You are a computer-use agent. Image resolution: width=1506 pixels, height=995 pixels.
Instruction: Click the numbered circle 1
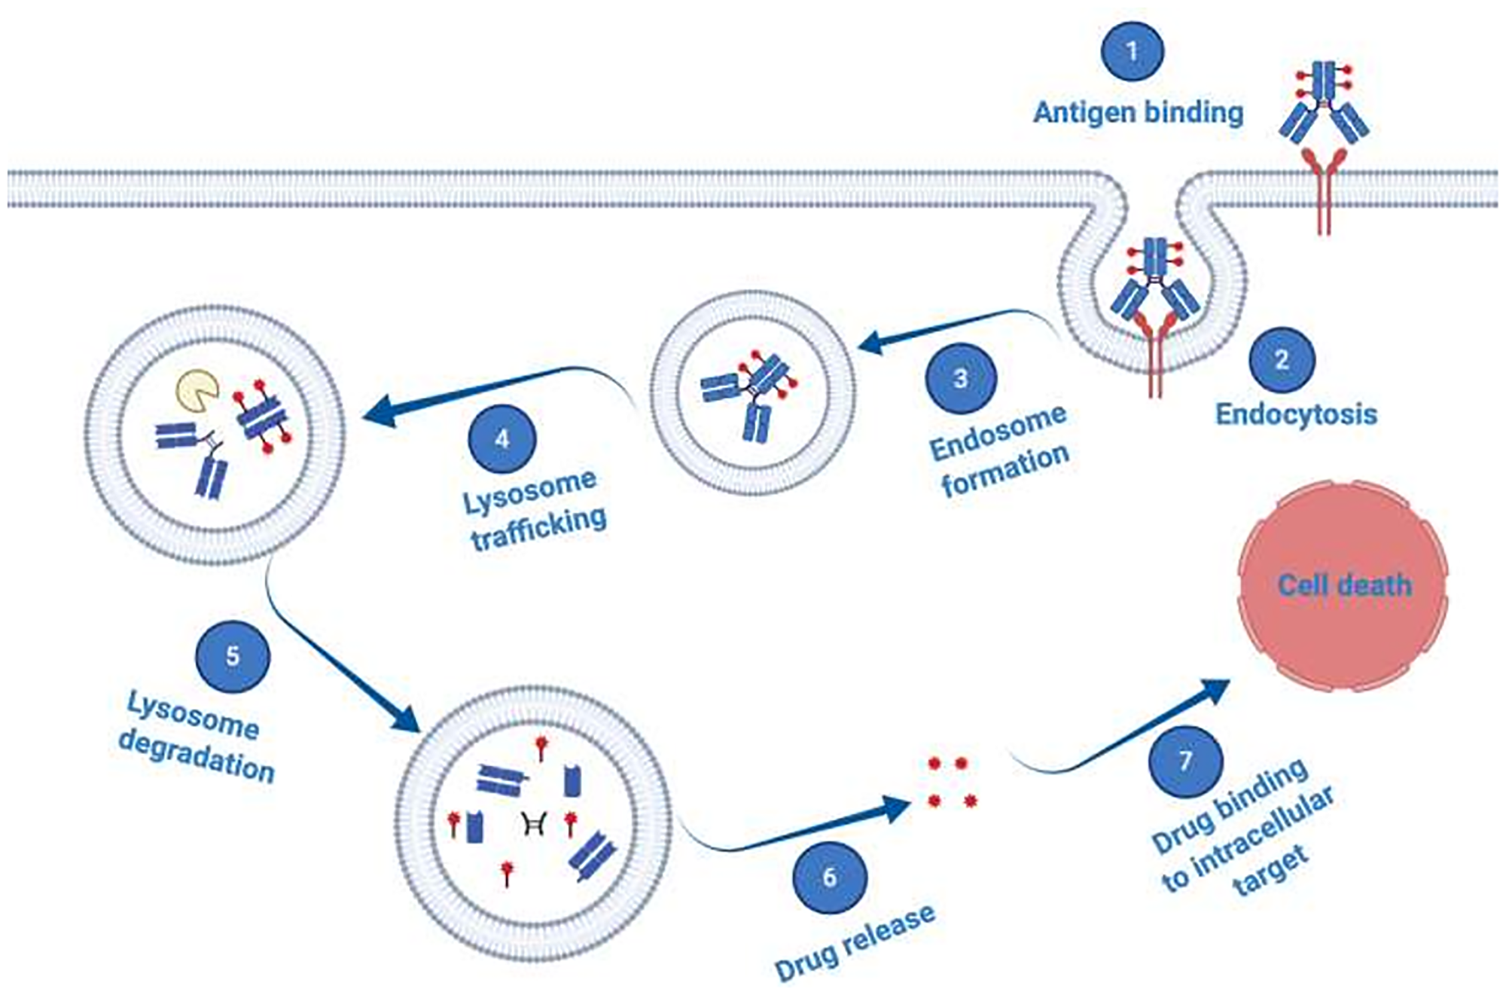pyautogui.click(x=1132, y=51)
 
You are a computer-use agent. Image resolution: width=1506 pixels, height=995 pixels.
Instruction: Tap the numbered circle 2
pyautogui.click(x=1282, y=360)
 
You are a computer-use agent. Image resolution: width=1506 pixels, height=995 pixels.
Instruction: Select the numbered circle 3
pyautogui.click(x=961, y=377)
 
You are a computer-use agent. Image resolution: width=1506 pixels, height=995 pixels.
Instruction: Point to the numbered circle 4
pyautogui.click(x=501, y=438)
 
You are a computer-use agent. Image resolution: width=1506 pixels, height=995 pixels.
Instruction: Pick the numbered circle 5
pyautogui.click(x=232, y=656)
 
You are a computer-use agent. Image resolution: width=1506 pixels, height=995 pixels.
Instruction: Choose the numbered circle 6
pyautogui.click(x=830, y=877)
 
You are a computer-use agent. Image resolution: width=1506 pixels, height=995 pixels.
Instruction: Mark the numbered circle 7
pyautogui.click(x=1185, y=761)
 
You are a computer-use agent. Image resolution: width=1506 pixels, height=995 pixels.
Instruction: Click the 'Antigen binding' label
pyautogui.click(x=1138, y=113)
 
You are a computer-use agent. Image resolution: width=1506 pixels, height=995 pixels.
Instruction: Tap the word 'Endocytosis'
pyautogui.click(x=1296, y=414)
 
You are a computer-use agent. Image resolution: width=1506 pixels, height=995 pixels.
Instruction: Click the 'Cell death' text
pyautogui.click(x=1344, y=585)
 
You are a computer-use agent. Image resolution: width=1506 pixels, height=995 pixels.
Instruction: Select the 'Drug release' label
pyautogui.click(x=855, y=943)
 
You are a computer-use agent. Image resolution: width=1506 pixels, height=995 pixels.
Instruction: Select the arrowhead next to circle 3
pyautogui.click(x=872, y=344)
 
